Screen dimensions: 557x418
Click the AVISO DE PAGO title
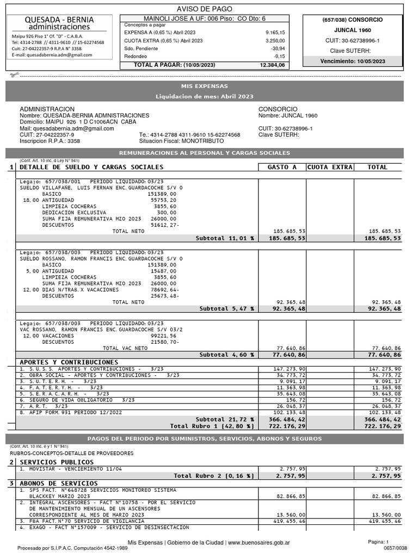point(205,9)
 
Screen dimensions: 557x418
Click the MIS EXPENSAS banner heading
point(205,86)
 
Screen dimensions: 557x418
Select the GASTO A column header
point(282,167)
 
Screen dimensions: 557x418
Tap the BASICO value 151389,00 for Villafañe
point(162,194)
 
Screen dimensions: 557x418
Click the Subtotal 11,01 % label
point(225,238)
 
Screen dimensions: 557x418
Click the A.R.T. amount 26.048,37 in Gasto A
point(291,406)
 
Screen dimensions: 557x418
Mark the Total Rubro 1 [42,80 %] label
point(212,426)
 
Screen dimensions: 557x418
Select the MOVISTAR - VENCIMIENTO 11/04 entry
point(71,468)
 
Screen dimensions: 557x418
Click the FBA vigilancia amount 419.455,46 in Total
point(385,521)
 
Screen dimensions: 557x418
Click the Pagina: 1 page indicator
point(378,542)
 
